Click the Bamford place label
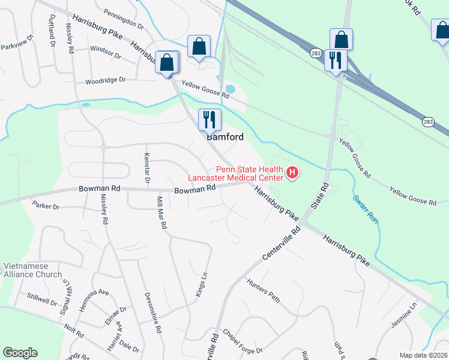tap(225, 137)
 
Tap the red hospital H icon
tap(292, 173)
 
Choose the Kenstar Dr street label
tap(146, 167)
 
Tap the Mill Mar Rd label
tap(161, 214)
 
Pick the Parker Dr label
tap(46, 206)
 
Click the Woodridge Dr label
tap(105, 80)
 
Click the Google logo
tap(20, 353)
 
